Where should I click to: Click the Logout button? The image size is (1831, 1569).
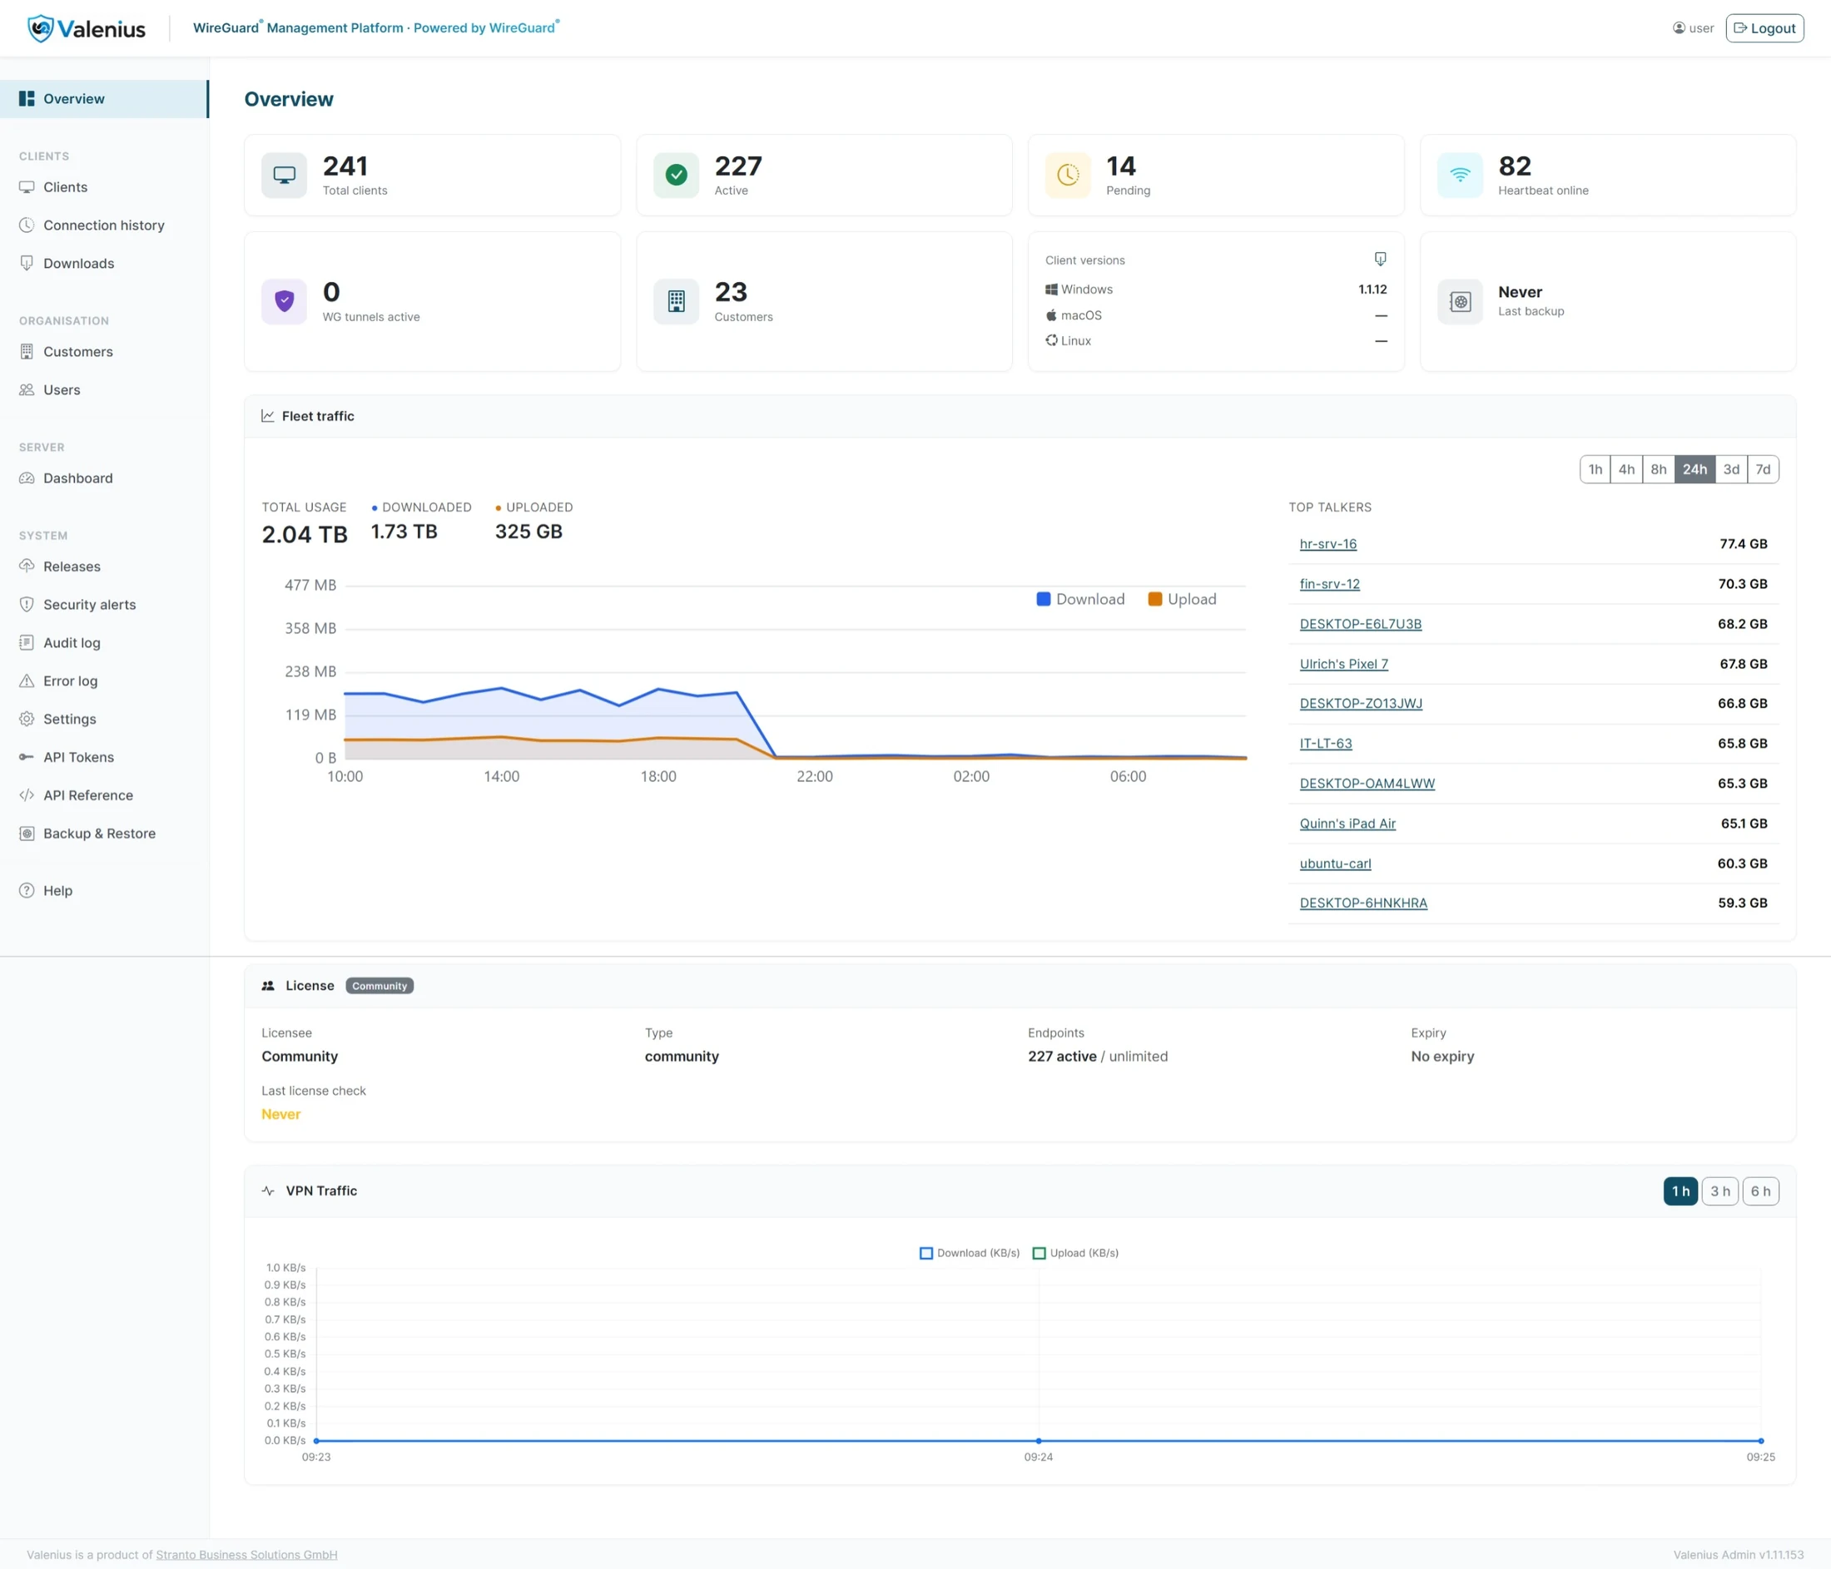click(x=1764, y=28)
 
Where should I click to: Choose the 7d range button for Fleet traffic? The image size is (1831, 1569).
click(x=1763, y=469)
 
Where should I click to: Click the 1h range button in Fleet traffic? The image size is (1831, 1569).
click(x=1595, y=469)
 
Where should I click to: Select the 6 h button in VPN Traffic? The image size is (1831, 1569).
click(x=1760, y=1190)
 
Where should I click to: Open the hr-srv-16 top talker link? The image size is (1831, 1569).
click(x=1328, y=543)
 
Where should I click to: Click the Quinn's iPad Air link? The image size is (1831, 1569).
click(x=1347, y=824)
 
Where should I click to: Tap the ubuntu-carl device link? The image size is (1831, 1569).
click(x=1335, y=864)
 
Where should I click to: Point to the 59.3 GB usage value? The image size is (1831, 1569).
click(x=1743, y=903)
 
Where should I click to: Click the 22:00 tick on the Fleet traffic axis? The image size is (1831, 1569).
click(x=815, y=776)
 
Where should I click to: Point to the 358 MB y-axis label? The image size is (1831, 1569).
click(x=310, y=628)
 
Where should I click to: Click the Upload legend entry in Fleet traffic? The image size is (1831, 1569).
click(x=1183, y=599)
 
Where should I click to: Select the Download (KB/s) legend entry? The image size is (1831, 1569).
click(x=970, y=1253)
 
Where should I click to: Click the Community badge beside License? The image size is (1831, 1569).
click(x=380, y=986)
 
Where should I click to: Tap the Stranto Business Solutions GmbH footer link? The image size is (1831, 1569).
click(x=246, y=1555)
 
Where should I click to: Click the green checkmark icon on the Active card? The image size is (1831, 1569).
click(x=676, y=175)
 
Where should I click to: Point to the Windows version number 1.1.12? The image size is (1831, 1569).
click(x=1372, y=289)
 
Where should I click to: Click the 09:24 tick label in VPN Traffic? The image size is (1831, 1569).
click(x=1039, y=1457)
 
